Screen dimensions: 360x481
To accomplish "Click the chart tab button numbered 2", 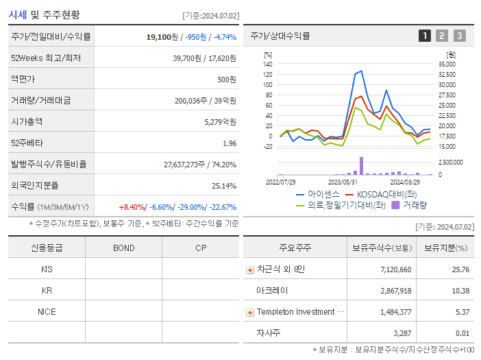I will click(x=442, y=36).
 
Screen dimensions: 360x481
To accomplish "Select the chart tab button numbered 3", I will click(x=459, y=36).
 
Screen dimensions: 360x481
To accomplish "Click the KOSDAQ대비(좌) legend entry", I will click(x=378, y=194).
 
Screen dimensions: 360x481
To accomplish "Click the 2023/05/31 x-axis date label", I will click(x=343, y=182).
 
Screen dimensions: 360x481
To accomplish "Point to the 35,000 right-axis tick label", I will click(x=446, y=64).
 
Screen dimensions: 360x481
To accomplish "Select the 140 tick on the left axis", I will click(x=267, y=64).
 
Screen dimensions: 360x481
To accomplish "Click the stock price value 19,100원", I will click(x=163, y=37).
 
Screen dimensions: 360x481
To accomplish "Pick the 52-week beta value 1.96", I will click(x=230, y=143).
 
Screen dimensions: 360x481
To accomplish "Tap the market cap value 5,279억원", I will click(x=220, y=121).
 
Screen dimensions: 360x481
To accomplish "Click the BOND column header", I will click(x=123, y=248).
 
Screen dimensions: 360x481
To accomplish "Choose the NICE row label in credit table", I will click(x=47, y=311).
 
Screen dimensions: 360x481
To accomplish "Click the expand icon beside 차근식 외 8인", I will click(x=250, y=269).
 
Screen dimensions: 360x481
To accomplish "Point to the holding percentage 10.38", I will click(x=460, y=291).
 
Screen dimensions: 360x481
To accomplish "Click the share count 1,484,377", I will click(x=392, y=312).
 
